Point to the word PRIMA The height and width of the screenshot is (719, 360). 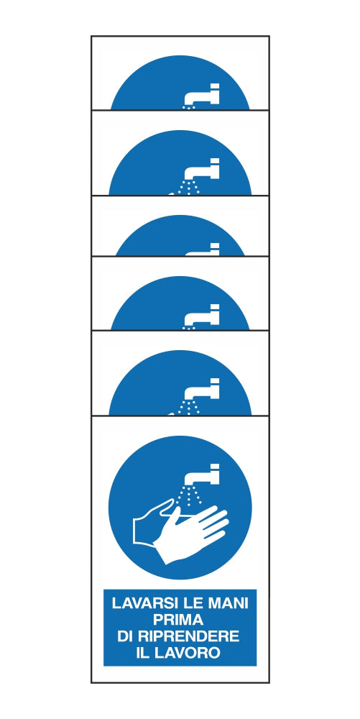[179, 620]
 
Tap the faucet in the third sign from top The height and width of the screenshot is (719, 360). [203, 249]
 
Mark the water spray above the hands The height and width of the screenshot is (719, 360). [190, 495]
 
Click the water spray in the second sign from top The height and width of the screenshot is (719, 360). [190, 187]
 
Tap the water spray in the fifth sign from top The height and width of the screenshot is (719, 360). [190, 407]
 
